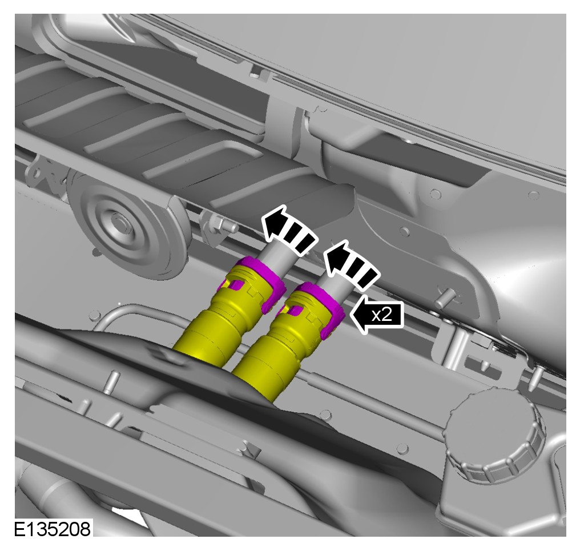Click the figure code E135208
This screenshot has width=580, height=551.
[x=52, y=529]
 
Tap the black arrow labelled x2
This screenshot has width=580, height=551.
[x=376, y=315]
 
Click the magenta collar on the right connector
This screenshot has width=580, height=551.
[x=325, y=303]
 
